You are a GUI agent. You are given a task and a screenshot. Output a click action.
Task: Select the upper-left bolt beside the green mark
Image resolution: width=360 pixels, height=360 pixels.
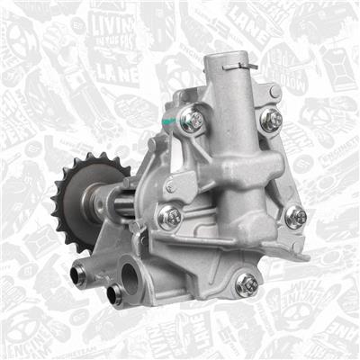(191, 119)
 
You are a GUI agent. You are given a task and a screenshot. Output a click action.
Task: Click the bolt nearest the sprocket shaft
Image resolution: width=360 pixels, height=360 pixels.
(169, 216)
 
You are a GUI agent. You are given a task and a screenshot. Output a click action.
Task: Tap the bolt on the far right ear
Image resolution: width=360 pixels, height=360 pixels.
(295, 216)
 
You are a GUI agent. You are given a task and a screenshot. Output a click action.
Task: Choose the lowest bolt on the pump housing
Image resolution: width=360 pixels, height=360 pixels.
(247, 283)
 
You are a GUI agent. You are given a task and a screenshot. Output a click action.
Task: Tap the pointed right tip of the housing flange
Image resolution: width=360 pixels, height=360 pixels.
(308, 257)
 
